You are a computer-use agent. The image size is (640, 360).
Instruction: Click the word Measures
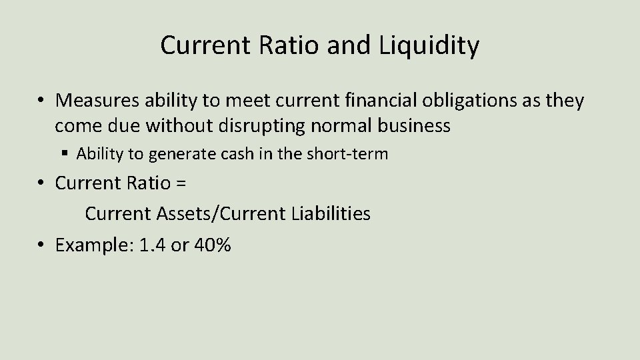point(95,101)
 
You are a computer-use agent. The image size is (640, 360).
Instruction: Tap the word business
point(417,125)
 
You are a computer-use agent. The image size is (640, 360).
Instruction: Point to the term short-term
point(354,154)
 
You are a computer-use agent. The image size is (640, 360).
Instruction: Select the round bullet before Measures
point(41,101)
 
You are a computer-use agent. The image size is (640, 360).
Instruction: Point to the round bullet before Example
point(41,245)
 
